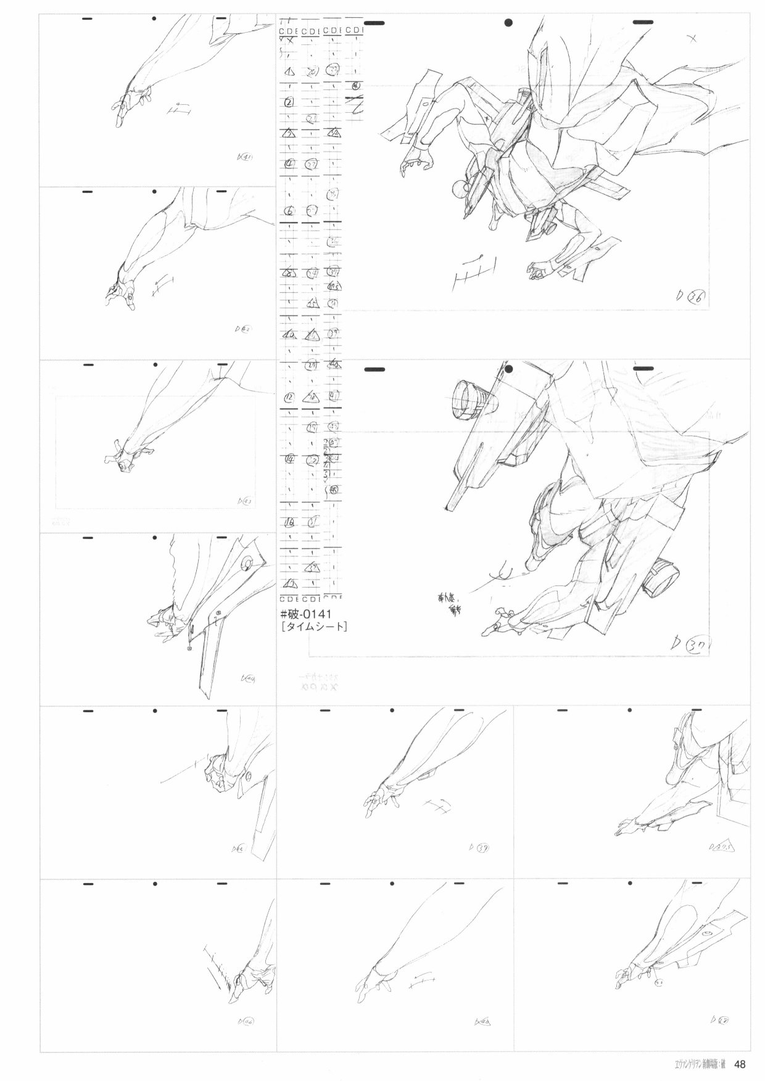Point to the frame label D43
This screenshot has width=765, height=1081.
coord(244,501)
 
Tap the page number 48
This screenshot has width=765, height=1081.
coord(740,1064)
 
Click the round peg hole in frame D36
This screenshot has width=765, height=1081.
coord(508,23)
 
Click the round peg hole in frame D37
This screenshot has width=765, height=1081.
coord(508,369)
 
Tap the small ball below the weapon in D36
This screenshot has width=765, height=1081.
coord(458,189)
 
